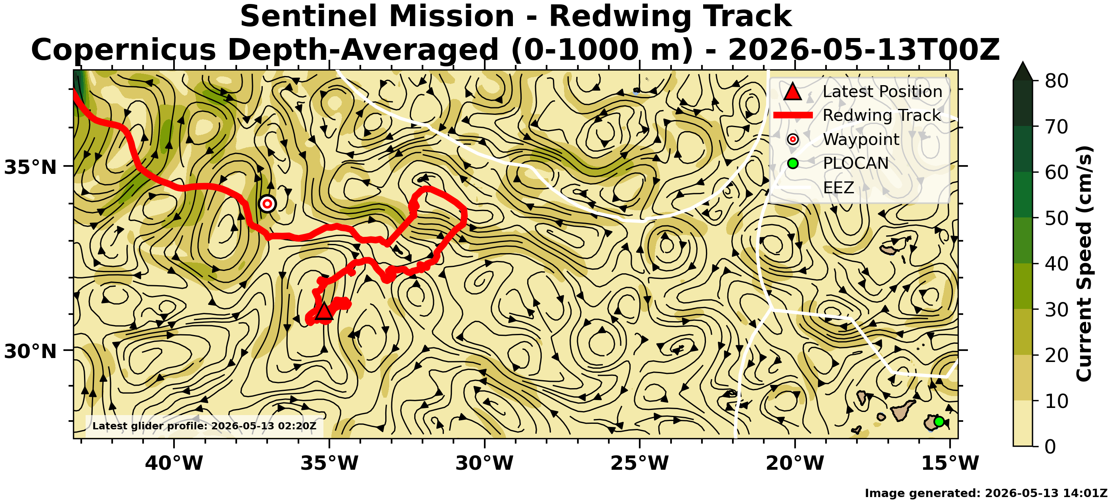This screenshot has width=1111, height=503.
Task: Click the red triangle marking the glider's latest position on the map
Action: click(324, 311)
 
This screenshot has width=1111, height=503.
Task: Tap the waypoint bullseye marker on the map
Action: click(268, 204)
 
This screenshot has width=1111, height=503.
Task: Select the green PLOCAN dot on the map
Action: click(939, 421)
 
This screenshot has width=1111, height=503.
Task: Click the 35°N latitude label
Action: click(30, 167)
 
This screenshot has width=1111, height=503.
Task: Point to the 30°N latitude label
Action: click(30, 351)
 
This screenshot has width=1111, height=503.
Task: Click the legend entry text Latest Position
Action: click(882, 91)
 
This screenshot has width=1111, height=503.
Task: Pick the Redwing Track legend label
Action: click(882, 116)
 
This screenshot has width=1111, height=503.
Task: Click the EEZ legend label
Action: click(838, 187)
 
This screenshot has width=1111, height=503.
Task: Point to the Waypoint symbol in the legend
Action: click(793, 139)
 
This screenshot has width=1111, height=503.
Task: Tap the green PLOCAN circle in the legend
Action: click(793, 163)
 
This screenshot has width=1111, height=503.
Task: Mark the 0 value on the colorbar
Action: click(1051, 446)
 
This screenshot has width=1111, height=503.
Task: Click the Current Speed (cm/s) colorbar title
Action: click(1084, 263)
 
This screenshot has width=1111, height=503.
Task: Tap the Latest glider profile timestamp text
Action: click(205, 426)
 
